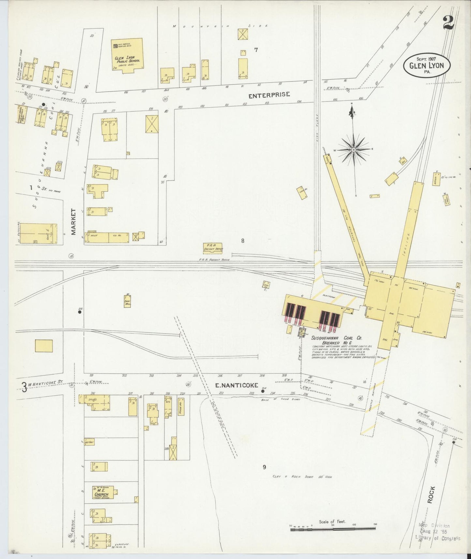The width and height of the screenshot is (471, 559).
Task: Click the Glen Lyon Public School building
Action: pos(127,55)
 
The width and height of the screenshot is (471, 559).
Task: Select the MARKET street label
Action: pos(73,222)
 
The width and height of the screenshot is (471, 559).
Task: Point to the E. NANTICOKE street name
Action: pos(236,385)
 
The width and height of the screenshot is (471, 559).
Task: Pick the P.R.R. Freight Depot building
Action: pos(213,248)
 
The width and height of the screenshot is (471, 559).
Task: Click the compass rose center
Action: pos(353,150)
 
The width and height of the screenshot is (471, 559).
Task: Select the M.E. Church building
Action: pos(103,492)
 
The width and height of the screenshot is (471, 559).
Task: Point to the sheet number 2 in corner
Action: pos(449,23)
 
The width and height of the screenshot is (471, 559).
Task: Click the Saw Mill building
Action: pos(127,301)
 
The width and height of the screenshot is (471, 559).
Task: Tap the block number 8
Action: pos(243,241)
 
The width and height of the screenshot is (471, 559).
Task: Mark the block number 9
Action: pos(264,467)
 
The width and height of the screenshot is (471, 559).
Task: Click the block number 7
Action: pos(256,50)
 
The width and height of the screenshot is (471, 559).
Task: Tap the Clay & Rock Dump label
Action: pos(302,476)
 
